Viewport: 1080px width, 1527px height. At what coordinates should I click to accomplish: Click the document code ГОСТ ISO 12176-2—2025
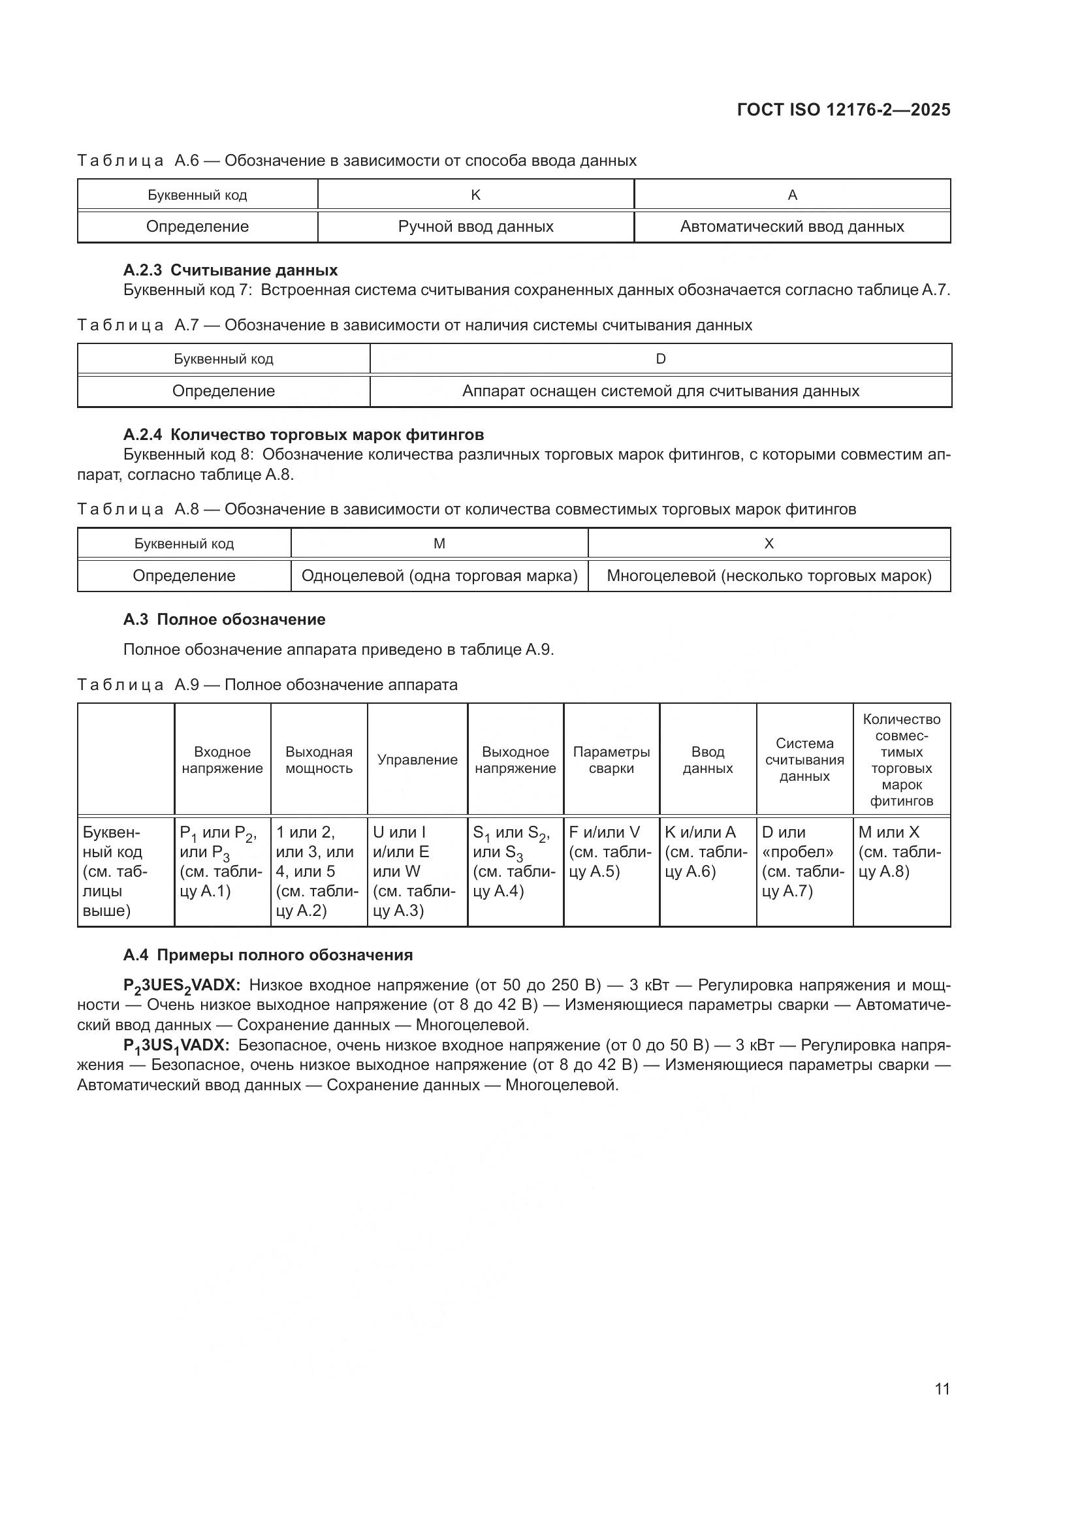tap(843, 110)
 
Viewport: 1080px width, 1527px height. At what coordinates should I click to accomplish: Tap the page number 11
tap(942, 1389)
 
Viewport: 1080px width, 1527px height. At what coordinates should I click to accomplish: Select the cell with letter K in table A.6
tap(475, 195)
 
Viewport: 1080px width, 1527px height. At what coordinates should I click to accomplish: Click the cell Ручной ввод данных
tap(475, 227)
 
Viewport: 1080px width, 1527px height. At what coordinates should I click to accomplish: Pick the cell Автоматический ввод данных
tap(791, 227)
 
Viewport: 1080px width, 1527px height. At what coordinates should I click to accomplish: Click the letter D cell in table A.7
tap(660, 359)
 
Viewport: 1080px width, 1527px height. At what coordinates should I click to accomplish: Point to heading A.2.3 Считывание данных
tap(230, 270)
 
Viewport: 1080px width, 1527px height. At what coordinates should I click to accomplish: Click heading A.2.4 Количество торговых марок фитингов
tap(303, 435)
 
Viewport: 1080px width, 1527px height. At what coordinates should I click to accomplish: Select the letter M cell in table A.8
tap(439, 544)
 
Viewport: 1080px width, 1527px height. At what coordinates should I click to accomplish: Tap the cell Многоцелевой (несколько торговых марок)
tap(769, 576)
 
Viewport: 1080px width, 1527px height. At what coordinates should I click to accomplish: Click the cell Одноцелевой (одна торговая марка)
tap(439, 576)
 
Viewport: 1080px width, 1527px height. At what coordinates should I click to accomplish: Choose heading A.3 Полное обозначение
tap(224, 620)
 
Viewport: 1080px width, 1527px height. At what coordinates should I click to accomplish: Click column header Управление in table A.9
tap(417, 760)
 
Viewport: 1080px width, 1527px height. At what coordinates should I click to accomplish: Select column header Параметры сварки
tap(611, 760)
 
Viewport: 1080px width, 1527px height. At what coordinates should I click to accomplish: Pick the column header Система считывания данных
tap(804, 760)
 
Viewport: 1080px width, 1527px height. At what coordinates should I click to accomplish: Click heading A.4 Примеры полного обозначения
tap(267, 955)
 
